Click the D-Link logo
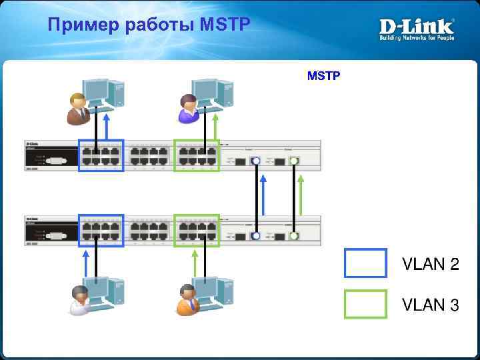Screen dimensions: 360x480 pos(417,29)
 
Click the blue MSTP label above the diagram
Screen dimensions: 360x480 pos(324,76)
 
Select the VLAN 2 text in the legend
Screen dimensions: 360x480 pos(430,264)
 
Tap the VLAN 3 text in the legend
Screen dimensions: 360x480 pos(430,305)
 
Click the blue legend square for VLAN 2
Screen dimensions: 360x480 pos(365,263)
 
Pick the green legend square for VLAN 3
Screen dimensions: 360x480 pos(365,304)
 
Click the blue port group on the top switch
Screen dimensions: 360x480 pos(101,155)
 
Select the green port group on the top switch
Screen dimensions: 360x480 pos(197,155)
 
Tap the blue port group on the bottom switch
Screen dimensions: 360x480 pos(101,231)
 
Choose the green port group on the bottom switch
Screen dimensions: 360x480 pos(197,231)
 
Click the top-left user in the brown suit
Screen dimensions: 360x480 pos(78,108)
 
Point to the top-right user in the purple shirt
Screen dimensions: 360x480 pos(189,109)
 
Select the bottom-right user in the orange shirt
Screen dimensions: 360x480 pos(187,299)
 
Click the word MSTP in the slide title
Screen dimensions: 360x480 pos(224,25)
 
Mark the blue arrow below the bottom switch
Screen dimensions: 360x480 pos(85,262)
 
